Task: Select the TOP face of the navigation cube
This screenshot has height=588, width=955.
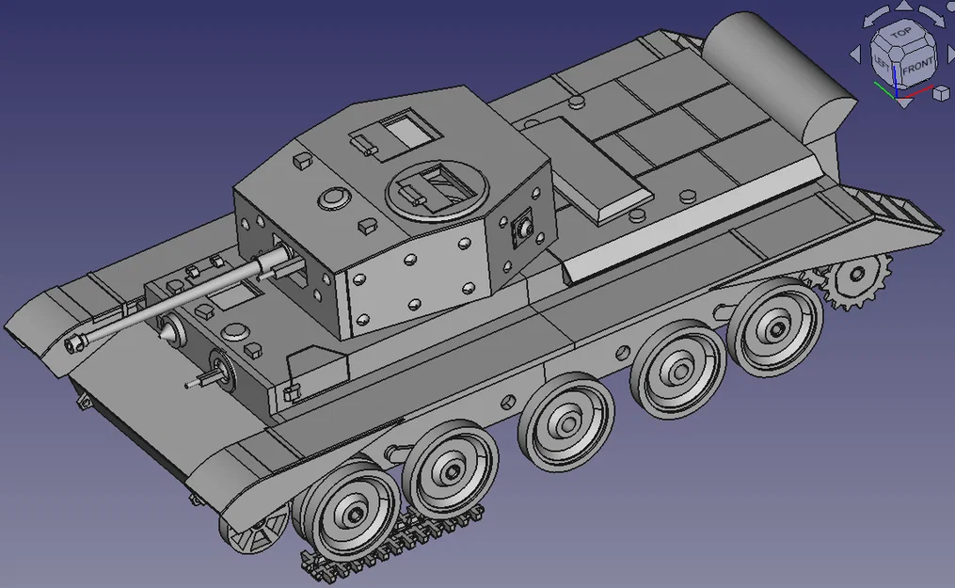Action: (x=900, y=33)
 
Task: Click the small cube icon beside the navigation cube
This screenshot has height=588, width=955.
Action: (x=940, y=92)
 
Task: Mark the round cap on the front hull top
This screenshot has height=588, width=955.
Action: (x=235, y=330)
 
